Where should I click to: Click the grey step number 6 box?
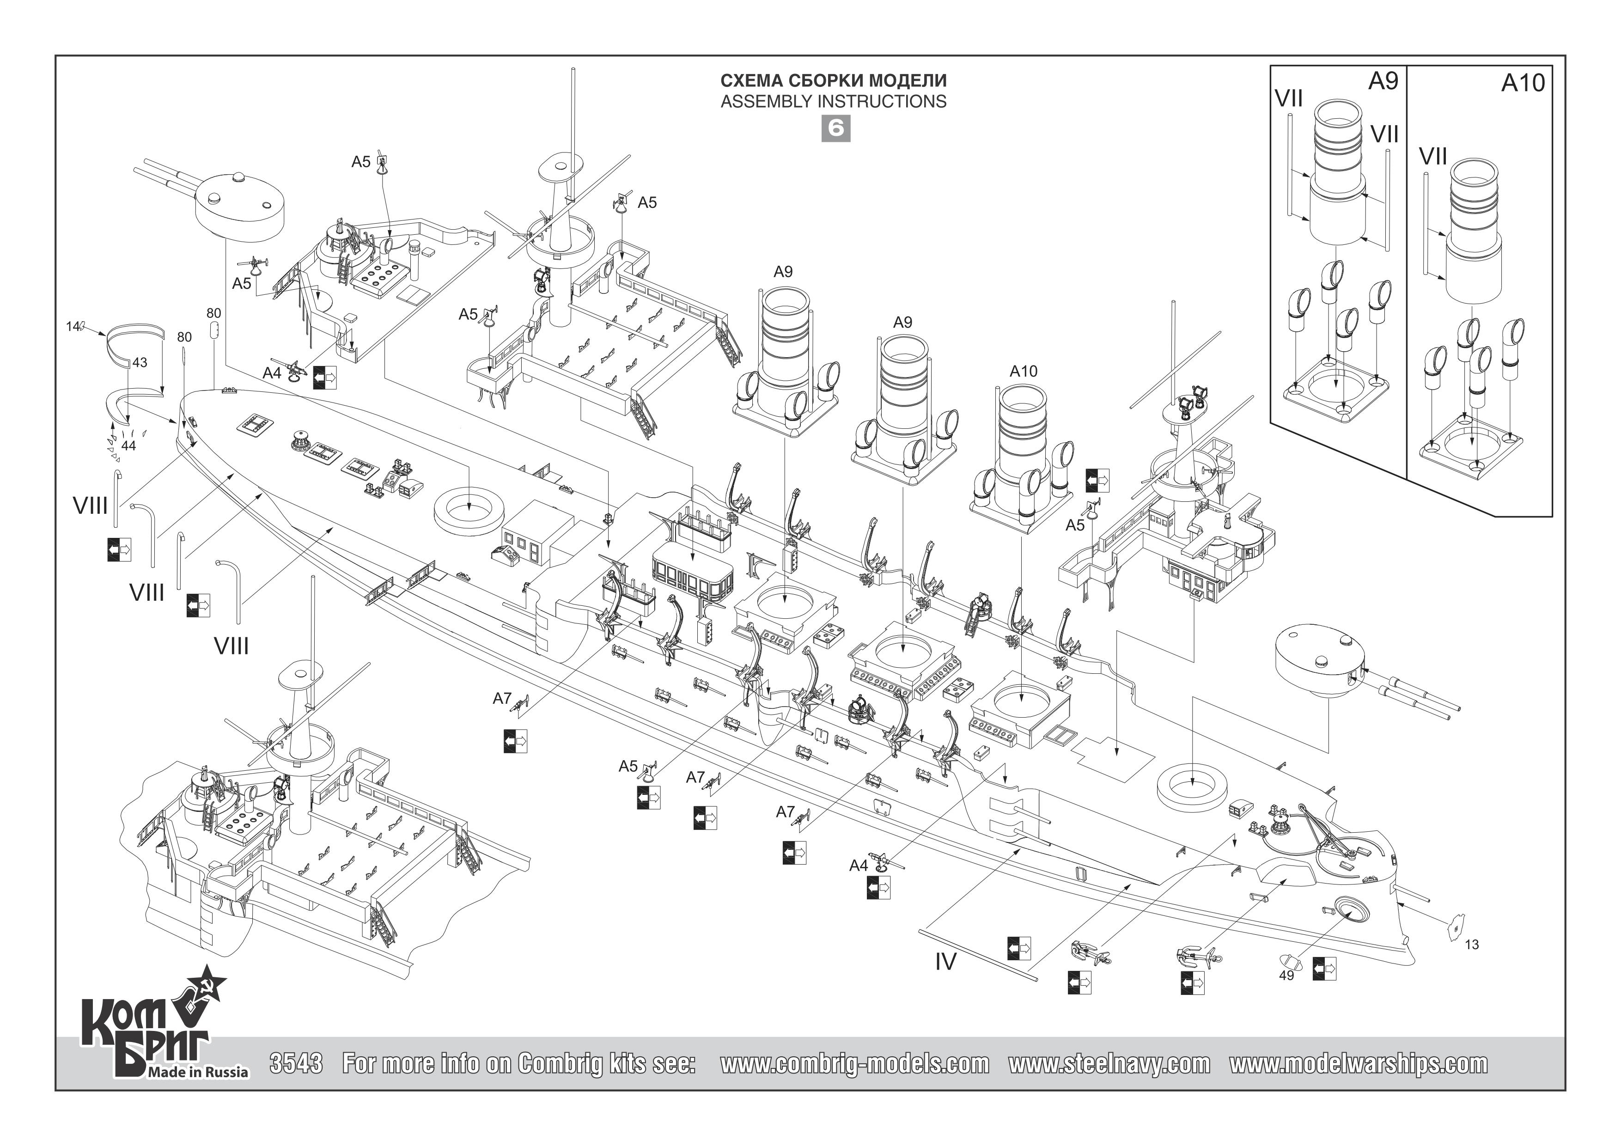coord(835,128)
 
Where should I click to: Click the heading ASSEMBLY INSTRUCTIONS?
coord(833,102)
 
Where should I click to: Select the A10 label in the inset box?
coord(1523,83)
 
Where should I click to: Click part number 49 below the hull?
coord(1286,975)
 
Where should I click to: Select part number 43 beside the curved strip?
coord(140,362)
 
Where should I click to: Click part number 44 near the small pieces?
coord(128,445)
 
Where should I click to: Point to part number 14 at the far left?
coord(72,326)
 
